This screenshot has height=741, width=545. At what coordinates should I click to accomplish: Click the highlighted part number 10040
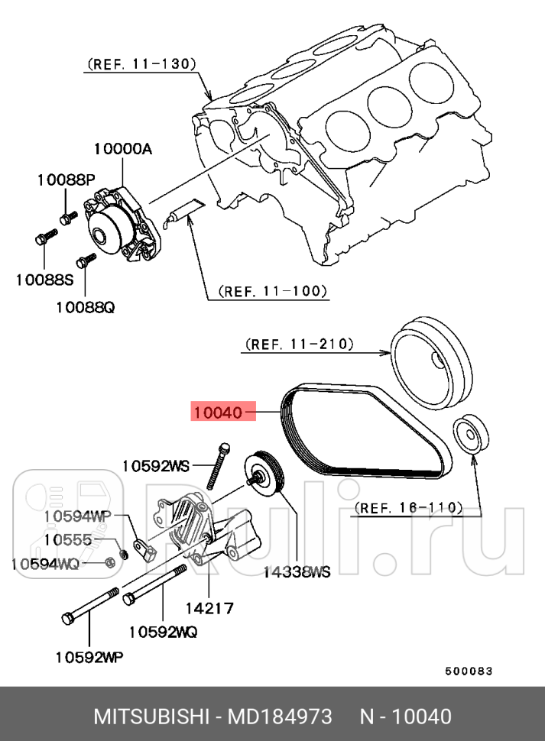pyautogui.click(x=218, y=413)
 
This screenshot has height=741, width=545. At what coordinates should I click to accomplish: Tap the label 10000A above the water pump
pyautogui.click(x=123, y=150)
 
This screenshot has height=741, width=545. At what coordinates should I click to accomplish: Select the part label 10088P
pyautogui.click(x=66, y=180)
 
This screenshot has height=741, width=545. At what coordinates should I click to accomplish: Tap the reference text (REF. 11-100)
pyautogui.click(x=273, y=291)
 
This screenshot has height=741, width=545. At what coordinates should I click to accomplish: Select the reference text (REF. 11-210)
pyautogui.click(x=299, y=345)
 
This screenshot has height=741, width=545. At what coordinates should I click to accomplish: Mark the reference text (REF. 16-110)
pyautogui.click(x=409, y=507)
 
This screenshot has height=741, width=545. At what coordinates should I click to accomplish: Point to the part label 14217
pyautogui.click(x=209, y=608)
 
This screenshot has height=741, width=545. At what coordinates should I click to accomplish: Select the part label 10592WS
pyautogui.click(x=156, y=465)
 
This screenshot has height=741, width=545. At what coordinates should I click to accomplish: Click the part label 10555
pyautogui.click(x=68, y=539)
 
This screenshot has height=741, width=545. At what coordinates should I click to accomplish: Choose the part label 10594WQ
pyautogui.click(x=45, y=564)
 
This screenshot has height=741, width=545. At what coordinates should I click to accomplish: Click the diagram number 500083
pyautogui.click(x=469, y=671)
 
